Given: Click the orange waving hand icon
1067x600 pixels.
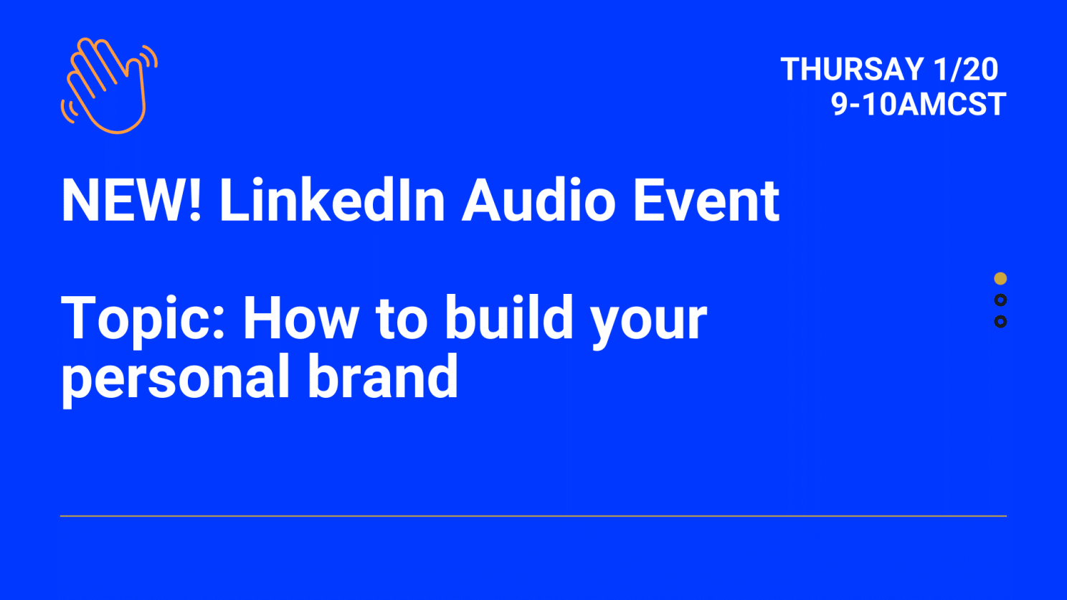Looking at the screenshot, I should pyautogui.click(x=108, y=85).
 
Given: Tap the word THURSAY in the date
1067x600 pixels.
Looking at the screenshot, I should pyautogui.click(x=852, y=70).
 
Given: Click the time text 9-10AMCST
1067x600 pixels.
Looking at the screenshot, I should pyautogui.click(x=918, y=105).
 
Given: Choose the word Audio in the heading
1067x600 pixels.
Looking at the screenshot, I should pyautogui.click(x=539, y=201).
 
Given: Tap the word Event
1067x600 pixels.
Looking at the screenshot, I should pyautogui.click(x=706, y=201).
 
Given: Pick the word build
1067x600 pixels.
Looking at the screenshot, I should pyautogui.click(x=509, y=318).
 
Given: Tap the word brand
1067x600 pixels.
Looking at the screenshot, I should pyautogui.click(x=383, y=377).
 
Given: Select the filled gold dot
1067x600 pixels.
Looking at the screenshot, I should pyautogui.click(x=1000, y=278).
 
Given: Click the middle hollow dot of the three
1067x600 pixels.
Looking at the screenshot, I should pyautogui.click(x=1000, y=300).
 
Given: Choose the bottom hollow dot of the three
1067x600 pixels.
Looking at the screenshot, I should pyautogui.click(x=1000, y=322).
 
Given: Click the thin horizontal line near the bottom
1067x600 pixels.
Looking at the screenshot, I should pyautogui.click(x=533, y=515).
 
